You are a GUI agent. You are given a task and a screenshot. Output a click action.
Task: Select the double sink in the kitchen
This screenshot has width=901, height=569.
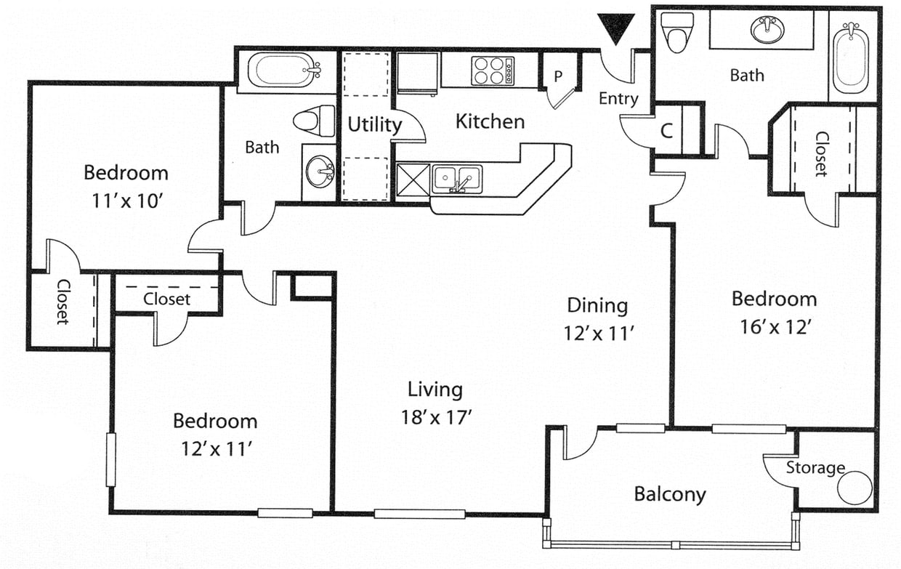tap(457, 179)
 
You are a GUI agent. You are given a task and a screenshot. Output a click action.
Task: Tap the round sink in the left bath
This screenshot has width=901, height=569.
tap(319, 171)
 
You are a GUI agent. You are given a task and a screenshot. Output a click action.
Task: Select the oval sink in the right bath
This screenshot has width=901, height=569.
tap(767, 30)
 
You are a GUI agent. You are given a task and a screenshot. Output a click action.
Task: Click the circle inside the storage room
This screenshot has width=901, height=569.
tap(854, 488)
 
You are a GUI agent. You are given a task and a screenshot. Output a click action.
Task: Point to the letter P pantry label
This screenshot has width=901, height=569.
tap(559, 76)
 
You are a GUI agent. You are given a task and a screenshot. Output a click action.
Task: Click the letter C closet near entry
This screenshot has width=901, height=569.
tap(667, 132)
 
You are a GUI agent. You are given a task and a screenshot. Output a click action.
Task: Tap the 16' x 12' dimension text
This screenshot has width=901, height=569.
tap(773, 326)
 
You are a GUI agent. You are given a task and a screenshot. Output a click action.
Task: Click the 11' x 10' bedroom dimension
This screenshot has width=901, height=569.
tap(126, 201)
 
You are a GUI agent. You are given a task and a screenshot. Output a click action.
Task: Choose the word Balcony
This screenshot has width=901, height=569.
tap(669, 494)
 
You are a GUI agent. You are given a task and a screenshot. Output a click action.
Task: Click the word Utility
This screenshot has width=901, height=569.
tap(374, 125)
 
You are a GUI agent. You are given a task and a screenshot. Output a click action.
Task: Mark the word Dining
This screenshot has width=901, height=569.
tap(597, 305)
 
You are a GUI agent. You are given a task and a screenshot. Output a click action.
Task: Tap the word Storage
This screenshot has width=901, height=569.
tap(815, 467)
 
